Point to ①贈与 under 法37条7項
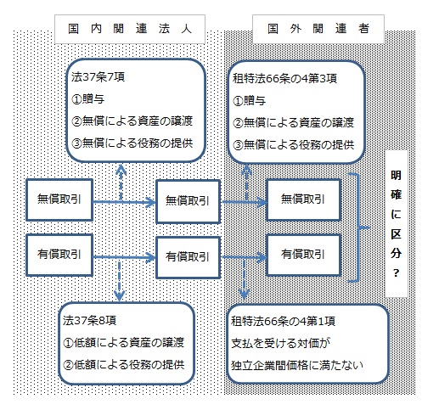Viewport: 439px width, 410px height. tap(89, 100)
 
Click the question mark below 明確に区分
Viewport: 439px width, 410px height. tap(397, 274)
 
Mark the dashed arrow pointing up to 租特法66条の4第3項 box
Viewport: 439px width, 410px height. tap(245, 181)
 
